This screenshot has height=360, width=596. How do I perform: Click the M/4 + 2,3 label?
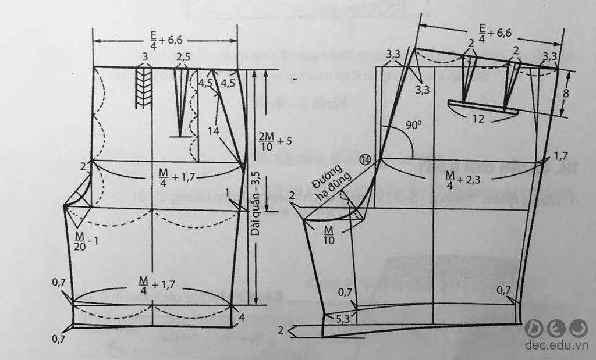pyautogui.click(x=457, y=173)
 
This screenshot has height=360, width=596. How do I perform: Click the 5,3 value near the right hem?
pyautogui.click(x=343, y=318)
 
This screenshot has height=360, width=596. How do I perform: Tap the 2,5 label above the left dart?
pyautogui.click(x=183, y=58)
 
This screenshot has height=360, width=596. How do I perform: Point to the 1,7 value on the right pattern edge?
pyautogui.click(x=560, y=156)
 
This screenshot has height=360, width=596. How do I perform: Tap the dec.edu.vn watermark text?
pyautogui.click(x=556, y=345)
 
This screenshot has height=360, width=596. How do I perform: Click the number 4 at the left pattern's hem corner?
pyautogui.click(x=242, y=318)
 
